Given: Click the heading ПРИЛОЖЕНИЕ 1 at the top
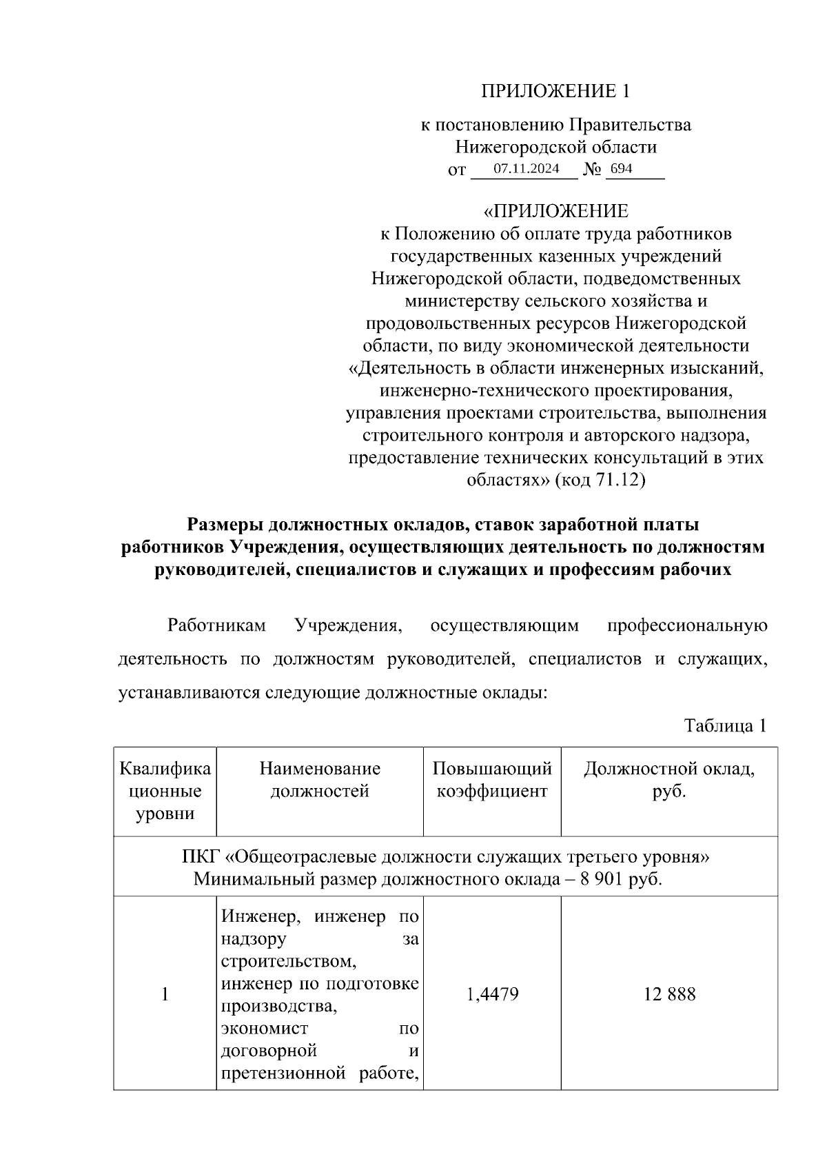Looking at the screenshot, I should (555, 91).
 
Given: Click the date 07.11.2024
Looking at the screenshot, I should (526, 169).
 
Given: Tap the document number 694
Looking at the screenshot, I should (621, 169).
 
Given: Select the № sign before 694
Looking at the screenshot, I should (592, 170).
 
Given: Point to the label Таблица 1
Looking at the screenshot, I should (724, 725).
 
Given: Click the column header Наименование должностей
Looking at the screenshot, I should (320, 780).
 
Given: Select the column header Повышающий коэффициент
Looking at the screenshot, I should (492, 780).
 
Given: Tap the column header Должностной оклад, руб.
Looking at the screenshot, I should (668, 780).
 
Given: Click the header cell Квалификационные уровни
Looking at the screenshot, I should (165, 791).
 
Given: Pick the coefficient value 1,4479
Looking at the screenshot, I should (492, 994).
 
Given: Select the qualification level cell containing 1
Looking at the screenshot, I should (165, 994).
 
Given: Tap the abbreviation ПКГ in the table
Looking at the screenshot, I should (201, 857).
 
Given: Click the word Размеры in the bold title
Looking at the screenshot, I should (225, 525).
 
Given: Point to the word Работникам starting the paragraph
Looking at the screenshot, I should (216, 625).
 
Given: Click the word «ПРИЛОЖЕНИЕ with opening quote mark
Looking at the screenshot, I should (555, 211).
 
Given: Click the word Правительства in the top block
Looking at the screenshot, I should (629, 125).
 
